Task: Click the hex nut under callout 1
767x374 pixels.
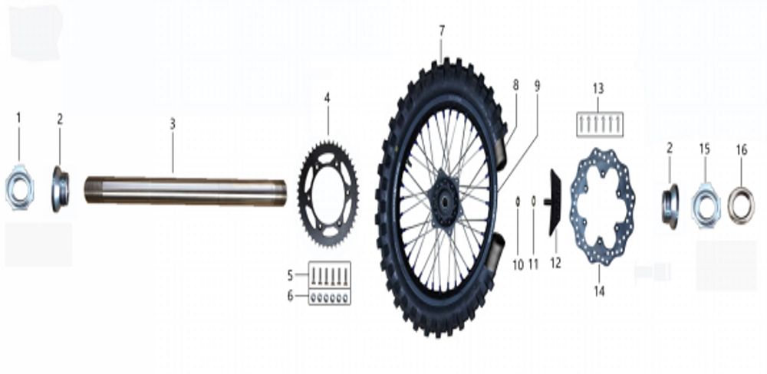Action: coord(19,188)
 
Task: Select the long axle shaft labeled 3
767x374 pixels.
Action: coord(184,191)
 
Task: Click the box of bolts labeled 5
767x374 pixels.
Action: coord(331,274)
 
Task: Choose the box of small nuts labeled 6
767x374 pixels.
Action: coord(331,296)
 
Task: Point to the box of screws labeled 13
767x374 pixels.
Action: coord(600,123)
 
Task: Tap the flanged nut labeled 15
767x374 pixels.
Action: coord(705,205)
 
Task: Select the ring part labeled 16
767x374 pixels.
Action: coord(740,205)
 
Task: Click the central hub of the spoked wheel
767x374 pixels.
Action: coord(444,201)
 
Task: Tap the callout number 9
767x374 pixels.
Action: coord(537,87)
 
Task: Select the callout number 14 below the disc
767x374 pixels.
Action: coord(599,291)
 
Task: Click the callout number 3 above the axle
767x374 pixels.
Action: coord(173,123)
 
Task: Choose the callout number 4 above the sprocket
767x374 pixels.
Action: coord(327,97)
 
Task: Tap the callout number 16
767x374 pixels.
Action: coord(741,149)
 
